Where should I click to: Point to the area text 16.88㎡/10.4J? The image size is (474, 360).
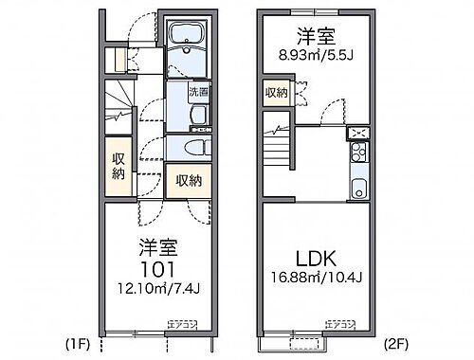pos(317,279)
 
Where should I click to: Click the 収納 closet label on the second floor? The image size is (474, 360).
pos(276,92)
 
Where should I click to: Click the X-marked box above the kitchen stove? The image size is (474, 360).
pos(358,133)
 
